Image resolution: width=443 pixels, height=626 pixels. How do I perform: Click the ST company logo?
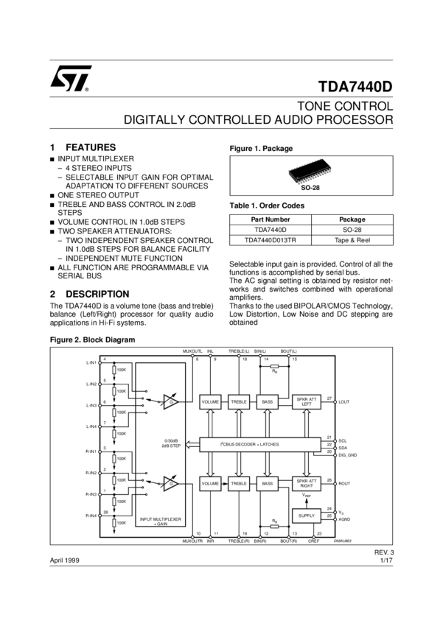pyautogui.click(x=71, y=78)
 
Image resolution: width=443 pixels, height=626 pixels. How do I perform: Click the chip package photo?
pyautogui.click(x=310, y=172)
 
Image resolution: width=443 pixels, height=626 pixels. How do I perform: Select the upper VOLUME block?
pyautogui.click(x=211, y=401)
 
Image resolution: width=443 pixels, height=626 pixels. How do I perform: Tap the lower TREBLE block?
pyautogui.click(x=238, y=484)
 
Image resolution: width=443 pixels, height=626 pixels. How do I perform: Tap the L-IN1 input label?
pyautogui.click(x=91, y=363)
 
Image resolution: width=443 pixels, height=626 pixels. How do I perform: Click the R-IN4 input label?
pyautogui.click(x=91, y=516)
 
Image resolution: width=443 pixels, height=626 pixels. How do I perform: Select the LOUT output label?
pyautogui.click(x=344, y=401)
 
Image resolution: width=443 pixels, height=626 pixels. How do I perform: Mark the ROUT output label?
pyautogui.click(x=344, y=484)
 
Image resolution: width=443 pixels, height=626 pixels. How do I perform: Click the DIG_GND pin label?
pyautogui.click(x=347, y=456)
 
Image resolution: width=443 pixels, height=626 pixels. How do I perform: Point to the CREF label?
pyautogui.click(x=315, y=541)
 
